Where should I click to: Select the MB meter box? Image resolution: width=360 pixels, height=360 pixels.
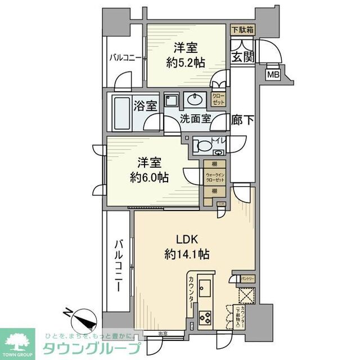point(273,74)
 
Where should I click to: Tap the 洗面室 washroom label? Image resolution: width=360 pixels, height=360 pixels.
point(195,119)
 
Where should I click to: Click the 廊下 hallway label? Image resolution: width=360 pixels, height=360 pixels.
point(242,119)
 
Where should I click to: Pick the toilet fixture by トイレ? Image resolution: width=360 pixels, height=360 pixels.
point(204,146)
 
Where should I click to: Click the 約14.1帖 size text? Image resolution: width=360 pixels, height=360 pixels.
point(187,254)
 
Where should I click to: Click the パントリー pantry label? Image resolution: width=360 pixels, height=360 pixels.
point(247,278)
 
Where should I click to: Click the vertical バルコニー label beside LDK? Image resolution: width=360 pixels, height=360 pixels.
point(119,264)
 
